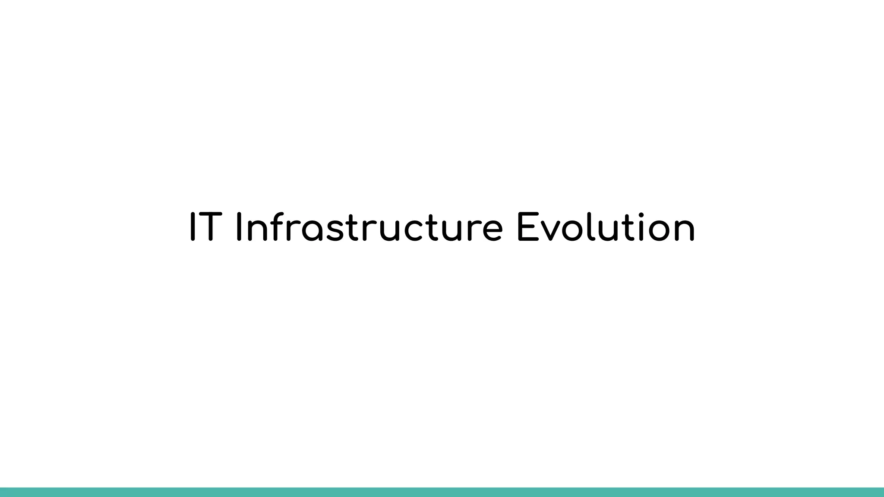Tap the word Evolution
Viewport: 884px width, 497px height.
click(606, 227)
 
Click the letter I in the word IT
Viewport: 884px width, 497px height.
click(193, 227)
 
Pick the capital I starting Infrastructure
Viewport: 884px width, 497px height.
click(240, 227)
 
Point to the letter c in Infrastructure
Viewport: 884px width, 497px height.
click(417, 230)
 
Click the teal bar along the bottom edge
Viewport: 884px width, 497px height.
click(442, 492)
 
